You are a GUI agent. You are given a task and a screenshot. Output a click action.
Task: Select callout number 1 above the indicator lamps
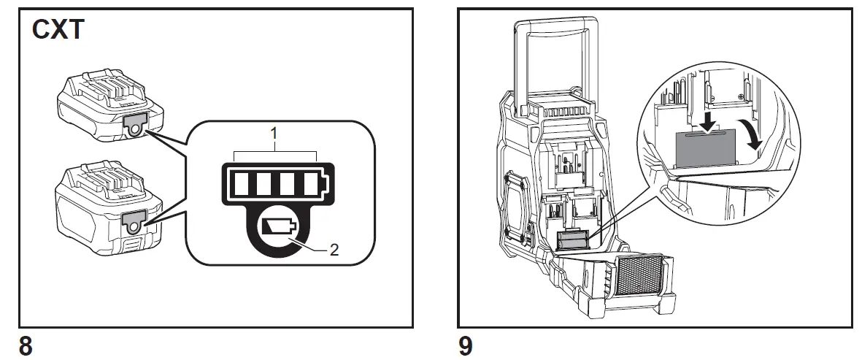click(x=274, y=135)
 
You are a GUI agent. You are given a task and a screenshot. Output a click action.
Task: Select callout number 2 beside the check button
click(x=334, y=250)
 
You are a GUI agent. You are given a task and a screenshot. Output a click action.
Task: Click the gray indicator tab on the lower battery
click(x=135, y=219)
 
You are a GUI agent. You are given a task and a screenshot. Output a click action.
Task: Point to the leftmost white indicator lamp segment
click(x=242, y=180)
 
